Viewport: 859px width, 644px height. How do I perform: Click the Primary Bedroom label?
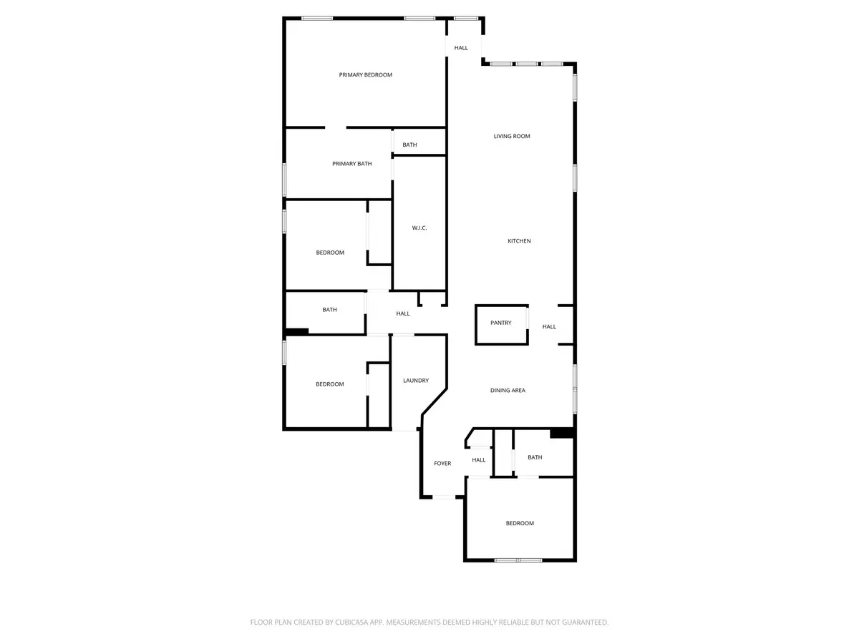tap(365, 75)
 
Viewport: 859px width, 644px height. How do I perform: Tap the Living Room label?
tap(512, 136)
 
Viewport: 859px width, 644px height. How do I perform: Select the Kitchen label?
tap(519, 241)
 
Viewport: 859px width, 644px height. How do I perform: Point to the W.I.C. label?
tap(419, 228)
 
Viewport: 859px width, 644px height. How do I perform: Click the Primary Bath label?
tap(352, 164)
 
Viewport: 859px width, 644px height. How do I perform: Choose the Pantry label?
tap(501, 323)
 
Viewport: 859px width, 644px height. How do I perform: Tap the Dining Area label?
tap(508, 391)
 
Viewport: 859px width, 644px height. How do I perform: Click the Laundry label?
tap(416, 381)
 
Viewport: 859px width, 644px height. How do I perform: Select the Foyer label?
tap(442, 464)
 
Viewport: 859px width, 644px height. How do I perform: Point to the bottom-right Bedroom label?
tap(520, 524)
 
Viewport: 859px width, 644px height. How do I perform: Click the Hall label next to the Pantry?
tap(549, 327)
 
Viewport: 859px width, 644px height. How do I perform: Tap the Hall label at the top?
tap(461, 48)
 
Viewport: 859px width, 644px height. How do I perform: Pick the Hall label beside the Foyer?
tap(479, 460)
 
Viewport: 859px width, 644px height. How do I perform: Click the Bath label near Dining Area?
tap(535, 457)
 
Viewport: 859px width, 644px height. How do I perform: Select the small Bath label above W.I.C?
tap(409, 145)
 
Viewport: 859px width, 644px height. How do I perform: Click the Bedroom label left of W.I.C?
tap(330, 253)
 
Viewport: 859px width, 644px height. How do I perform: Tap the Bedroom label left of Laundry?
tap(330, 384)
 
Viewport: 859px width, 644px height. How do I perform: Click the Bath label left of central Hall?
tap(329, 310)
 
